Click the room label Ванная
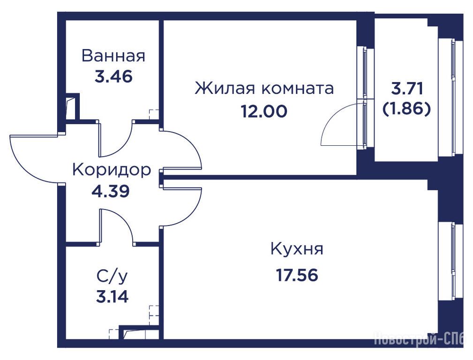[x=113, y=56]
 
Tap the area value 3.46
[x=113, y=77]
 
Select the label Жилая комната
[x=264, y=88]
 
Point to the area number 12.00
[x=264, y=112]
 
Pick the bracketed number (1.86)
[x=406, y=108]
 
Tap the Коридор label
[x=112, y=170]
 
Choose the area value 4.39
[x=111, y=191]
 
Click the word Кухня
[x=297, y=249]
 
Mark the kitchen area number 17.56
[x=297, y=275]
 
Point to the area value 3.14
[x=112, y=297]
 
